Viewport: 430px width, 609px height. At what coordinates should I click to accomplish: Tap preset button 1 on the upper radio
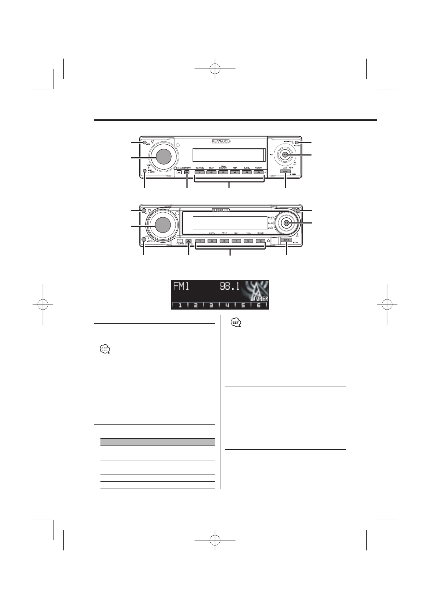pyautogui.click(x=199, y=172)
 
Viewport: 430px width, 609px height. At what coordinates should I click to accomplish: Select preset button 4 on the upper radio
pyautogui.click(x=235, y=172)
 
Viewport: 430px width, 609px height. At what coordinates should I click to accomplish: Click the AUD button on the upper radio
pyautogui.click(x=145, y=171)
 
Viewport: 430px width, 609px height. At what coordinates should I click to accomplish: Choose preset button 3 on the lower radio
pyautogui.click(x=224, y=241)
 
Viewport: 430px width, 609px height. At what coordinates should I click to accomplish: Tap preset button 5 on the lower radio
pyautogui.click(x=248, y=241)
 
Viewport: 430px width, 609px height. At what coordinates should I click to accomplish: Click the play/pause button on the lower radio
pyautogui.click(x=286, y=223)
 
